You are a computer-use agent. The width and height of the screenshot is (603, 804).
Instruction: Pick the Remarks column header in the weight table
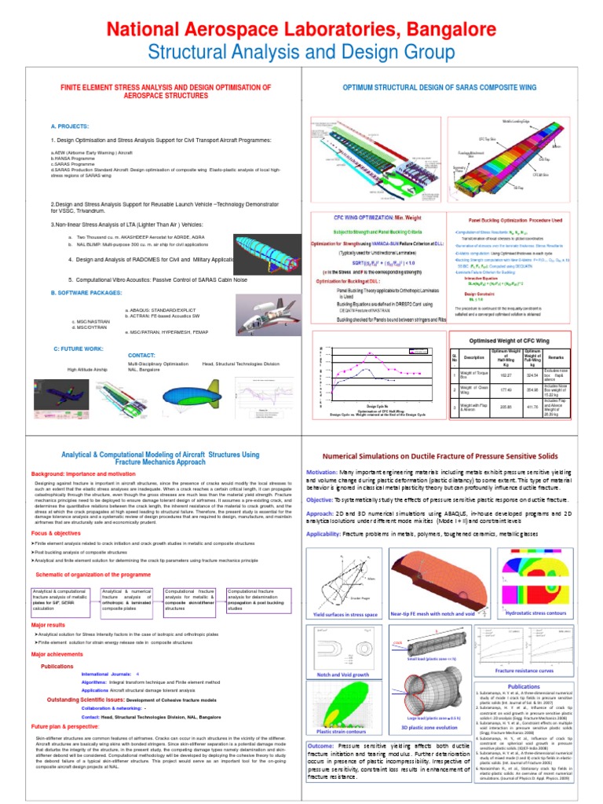point(570,355)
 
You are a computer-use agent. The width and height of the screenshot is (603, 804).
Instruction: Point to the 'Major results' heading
point(49,625)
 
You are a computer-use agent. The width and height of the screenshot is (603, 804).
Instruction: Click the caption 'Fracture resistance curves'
point(524,671)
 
